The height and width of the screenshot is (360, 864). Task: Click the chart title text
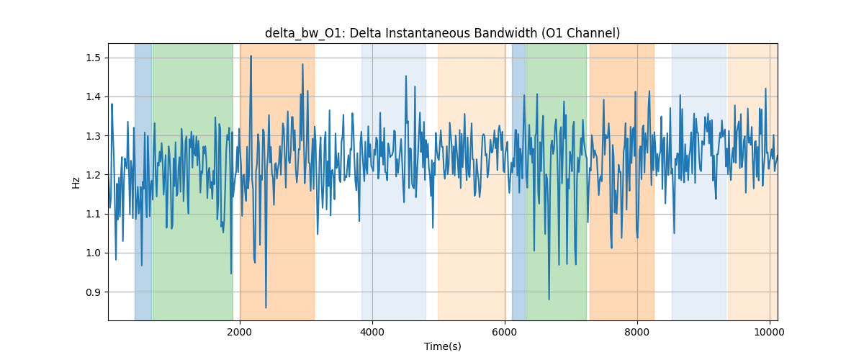(442, 33)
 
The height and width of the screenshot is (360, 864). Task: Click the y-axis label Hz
(76, 182)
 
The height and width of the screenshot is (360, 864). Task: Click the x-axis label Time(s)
(442, 346)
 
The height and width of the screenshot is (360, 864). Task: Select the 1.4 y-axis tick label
(93, 97)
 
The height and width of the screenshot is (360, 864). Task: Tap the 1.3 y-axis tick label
(93, 136)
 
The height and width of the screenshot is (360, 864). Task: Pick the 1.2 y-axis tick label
(93, 175)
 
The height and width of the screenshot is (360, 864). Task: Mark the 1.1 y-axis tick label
(93, 214)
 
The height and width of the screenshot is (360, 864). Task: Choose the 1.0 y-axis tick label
(93, 253)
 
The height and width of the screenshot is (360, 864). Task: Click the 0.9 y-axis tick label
(93, 292)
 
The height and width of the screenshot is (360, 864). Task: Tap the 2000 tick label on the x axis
(240, 332)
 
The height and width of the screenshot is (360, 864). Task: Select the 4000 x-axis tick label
(372, 332)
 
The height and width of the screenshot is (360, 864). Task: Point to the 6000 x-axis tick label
(505, 332)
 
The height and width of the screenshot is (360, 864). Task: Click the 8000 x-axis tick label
(637, 332)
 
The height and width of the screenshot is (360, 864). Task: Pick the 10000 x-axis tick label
(770, 332)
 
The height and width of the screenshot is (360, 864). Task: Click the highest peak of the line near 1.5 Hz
(251, 56)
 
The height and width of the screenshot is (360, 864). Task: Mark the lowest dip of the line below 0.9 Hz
(266, 307)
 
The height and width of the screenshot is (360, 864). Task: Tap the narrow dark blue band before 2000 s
(143, 181)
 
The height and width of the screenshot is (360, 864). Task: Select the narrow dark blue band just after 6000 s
(519, 181)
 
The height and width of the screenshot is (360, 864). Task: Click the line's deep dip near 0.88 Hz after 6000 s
(549, 300)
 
